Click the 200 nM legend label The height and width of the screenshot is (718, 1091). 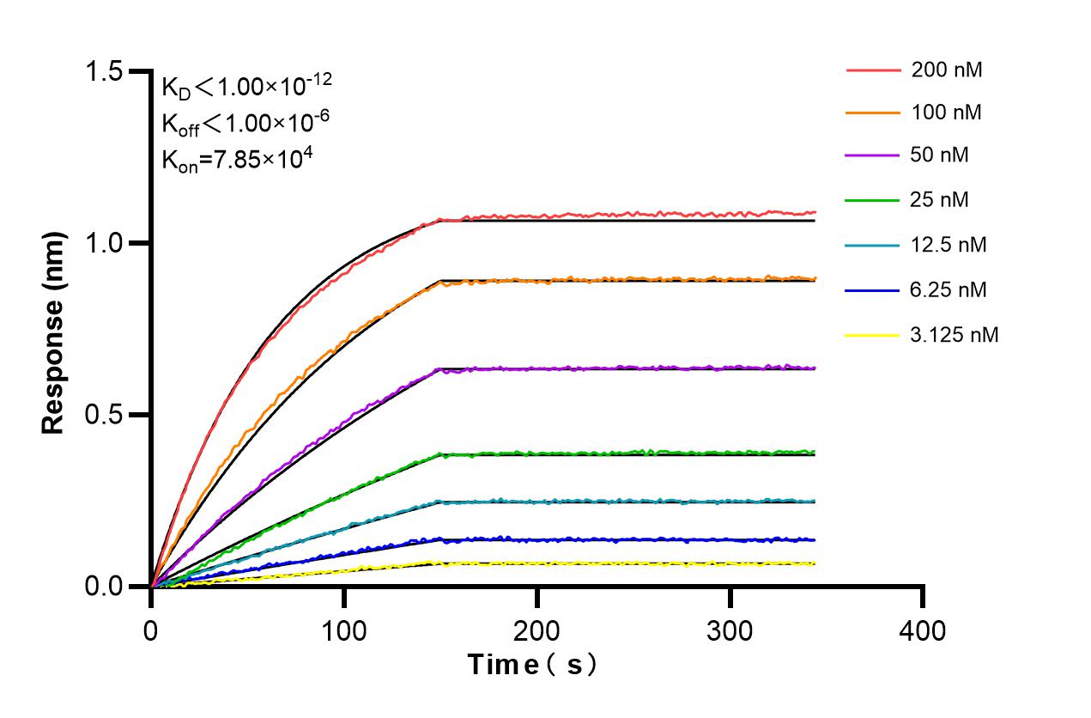click(947, 70)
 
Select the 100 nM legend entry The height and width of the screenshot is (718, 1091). click(947, 112)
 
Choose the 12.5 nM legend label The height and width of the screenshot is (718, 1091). click(949, 245)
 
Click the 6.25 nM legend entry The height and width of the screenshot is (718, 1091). click(949, 289)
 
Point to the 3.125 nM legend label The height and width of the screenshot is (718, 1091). click(955, 334)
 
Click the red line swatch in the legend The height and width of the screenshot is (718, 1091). click(873, 70)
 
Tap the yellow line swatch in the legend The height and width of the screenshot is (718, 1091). click(873, 334)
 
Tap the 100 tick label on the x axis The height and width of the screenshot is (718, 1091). click(344, 631)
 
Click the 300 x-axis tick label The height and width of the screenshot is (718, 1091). click(730, 631)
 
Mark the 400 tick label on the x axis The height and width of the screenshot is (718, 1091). click(923, 631)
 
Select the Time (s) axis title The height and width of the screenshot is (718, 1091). click(531, 666)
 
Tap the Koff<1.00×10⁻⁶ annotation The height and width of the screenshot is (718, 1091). click(245, 123)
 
